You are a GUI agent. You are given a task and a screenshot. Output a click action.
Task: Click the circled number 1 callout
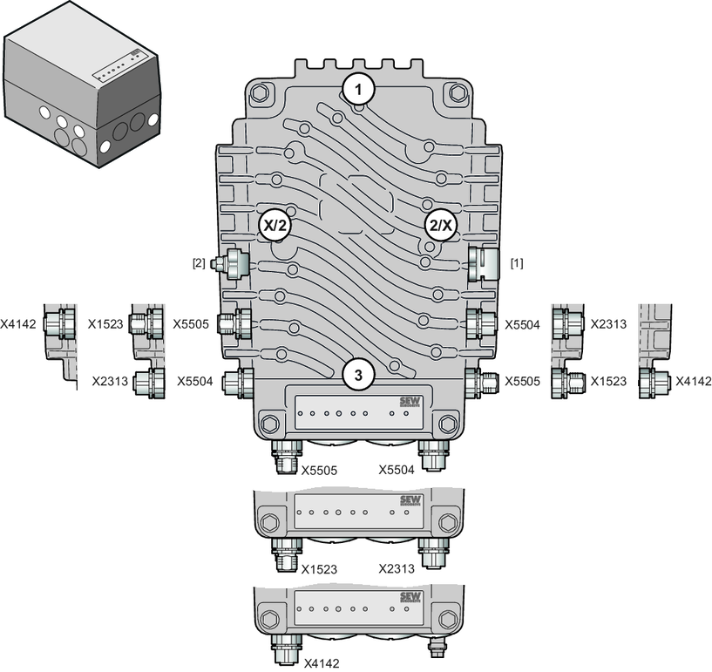359,90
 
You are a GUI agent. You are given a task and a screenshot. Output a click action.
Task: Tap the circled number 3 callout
359,376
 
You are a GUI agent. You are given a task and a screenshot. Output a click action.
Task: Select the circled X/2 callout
275,225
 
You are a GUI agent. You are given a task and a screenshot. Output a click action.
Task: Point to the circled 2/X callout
441,225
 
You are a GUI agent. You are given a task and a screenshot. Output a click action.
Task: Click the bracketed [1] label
517,263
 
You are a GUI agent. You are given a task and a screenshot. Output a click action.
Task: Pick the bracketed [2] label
199,263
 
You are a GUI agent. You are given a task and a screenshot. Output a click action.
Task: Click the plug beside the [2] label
231,264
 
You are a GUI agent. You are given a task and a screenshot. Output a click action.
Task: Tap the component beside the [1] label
484,263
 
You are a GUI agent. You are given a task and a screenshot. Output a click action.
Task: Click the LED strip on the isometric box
120,67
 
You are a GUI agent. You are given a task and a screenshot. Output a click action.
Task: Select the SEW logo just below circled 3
410,403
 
